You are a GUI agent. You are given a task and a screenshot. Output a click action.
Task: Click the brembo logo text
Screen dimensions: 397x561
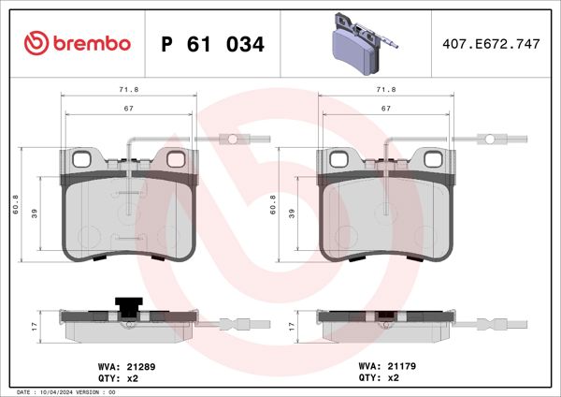tap(77, 44)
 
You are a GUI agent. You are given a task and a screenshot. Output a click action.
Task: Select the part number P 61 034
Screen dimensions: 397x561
tap(213, 44)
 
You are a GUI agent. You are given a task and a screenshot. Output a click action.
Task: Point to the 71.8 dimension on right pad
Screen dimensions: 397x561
tap(385, 89)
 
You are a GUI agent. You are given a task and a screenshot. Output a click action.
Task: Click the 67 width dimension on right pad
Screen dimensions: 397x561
tap(385, 109)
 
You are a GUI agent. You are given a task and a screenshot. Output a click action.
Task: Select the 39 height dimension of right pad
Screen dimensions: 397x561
tap(293, 213)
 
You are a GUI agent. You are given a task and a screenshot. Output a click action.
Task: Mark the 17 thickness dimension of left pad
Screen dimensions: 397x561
tap(34, 326)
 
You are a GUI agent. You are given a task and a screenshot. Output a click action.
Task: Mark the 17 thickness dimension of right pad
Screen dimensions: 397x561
tap(293, 326)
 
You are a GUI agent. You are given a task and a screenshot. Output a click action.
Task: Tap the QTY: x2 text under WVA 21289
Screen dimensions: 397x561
tap(119, 379)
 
